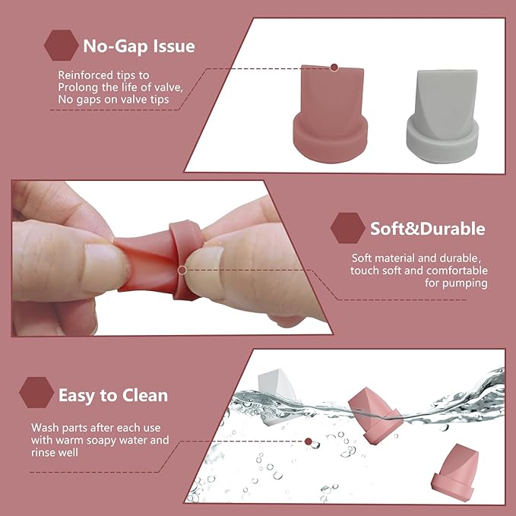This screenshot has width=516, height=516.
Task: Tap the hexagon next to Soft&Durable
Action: coord(349,228)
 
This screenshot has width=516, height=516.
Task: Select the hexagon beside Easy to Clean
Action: coord(37,393)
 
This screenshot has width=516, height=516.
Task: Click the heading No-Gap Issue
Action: coord(139,46)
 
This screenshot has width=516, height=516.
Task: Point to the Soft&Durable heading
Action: coord(427,228)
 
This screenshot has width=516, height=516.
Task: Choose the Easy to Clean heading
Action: coord(113,395)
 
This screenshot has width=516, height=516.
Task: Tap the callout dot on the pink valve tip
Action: coord(334,68)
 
